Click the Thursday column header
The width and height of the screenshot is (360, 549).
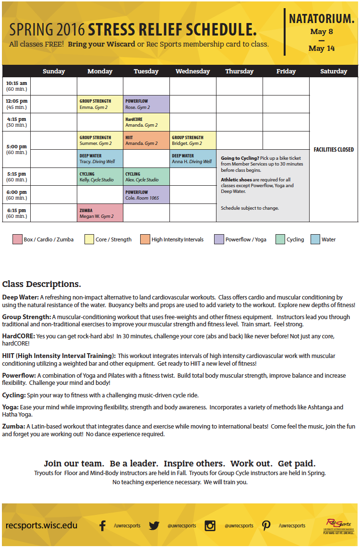[239, 72]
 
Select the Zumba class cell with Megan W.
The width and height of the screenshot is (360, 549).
[100, 213]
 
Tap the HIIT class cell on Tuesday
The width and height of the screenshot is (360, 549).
[146, 140]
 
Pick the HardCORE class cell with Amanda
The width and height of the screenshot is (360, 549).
[146, 122]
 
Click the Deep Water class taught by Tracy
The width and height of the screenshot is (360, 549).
[100, 158]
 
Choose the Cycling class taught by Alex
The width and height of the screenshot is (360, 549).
[146, 177]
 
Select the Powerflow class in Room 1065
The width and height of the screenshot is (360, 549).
[146, 195]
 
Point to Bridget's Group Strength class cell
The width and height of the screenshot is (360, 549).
[192, 140]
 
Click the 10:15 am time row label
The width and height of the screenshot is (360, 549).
[16, 86]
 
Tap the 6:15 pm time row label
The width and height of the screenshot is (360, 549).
[16, 213]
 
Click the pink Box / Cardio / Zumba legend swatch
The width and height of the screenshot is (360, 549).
[17, 239]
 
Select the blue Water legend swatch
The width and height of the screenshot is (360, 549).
[315, 239]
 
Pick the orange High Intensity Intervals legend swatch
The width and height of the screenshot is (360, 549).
[145, 239]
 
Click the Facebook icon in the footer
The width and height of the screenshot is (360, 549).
[102, 525]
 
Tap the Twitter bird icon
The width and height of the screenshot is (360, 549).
[154, 525]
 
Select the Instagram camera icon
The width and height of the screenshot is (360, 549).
[210, 525]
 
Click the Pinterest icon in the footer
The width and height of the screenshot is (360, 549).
[266, 525]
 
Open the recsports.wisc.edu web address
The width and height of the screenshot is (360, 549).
[41, 525]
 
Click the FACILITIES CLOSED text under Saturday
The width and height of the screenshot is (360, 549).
[334, 150]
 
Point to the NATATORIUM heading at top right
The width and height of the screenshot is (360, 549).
[322, 19]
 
